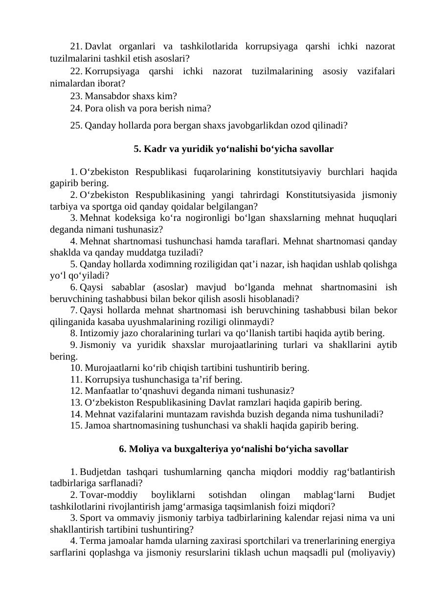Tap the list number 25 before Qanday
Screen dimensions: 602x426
point(76,125)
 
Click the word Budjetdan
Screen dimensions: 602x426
point(100,472)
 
